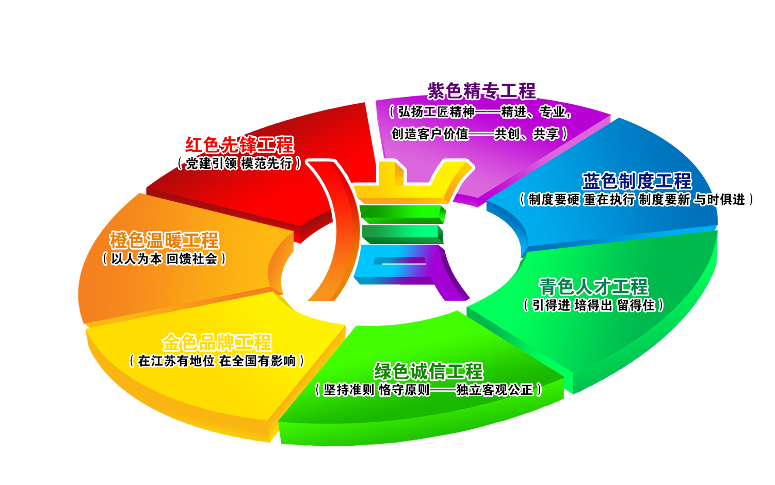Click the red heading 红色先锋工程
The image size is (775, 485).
[239, 145]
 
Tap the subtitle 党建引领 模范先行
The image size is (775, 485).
[239, 164]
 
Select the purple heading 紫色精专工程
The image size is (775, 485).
[482, 91]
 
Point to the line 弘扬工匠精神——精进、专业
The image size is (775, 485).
[480, 111]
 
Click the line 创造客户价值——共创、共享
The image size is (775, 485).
[479, 134]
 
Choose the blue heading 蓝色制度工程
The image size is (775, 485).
[637, 181]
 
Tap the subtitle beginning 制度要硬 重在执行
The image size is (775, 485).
[637, 199]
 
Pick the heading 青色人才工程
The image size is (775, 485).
[593, 287]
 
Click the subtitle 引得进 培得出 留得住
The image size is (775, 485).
[593, 305]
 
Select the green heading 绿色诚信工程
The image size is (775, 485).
[428, 371]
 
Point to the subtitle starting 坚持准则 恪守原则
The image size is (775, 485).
[428, 390]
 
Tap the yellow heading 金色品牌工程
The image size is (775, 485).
[217, 343]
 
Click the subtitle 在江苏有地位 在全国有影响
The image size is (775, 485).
[217, 361]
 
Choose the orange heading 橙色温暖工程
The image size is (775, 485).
[164, 240]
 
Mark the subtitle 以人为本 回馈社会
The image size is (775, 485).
[164, 258]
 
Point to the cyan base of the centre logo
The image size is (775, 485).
[392, 279]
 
